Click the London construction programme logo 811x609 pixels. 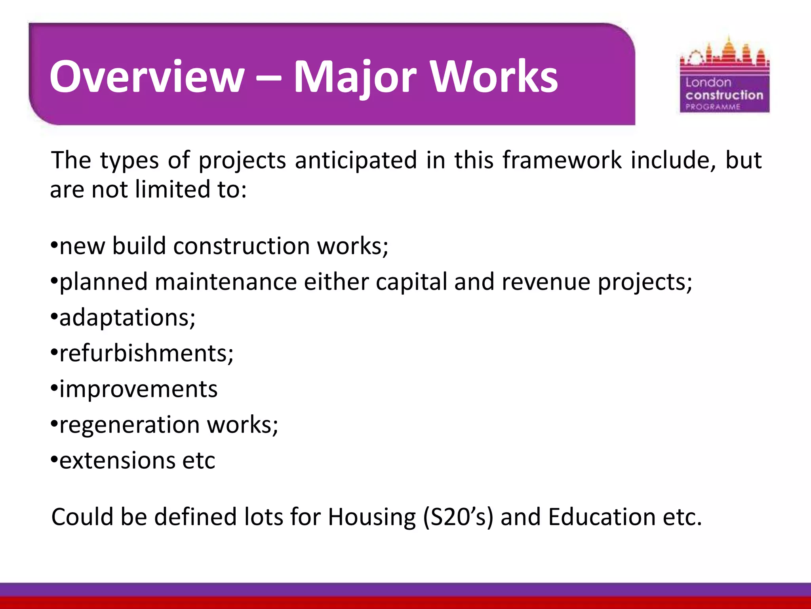(724, 75)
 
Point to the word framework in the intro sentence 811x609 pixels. (562, 160)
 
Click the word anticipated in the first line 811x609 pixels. (356, 160)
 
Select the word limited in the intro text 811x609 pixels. (173, 189)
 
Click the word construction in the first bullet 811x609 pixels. (242, 246)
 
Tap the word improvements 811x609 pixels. (138, 389)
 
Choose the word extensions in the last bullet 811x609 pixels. (117, 460)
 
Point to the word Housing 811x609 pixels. (371, 517)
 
